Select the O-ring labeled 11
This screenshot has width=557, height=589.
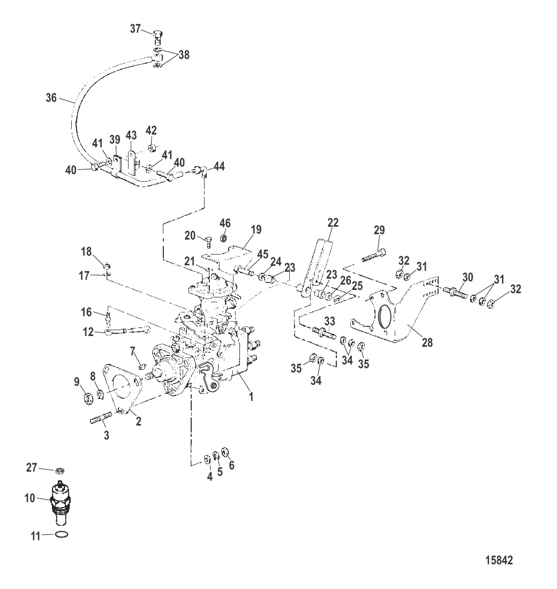(x=62, y=534)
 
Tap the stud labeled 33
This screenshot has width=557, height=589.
(x=322, y=332)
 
